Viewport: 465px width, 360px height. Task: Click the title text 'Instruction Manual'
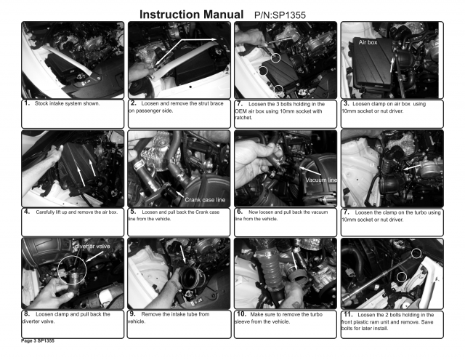(191, 15)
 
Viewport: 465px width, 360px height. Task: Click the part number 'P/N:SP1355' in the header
(280, 15)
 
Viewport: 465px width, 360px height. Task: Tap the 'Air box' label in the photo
(368, 42)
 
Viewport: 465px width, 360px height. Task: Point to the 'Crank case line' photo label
(205, 200)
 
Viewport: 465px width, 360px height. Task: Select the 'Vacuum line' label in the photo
(321, 180)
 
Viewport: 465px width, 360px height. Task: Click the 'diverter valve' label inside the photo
(93, 247)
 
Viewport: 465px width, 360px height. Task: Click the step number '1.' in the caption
(27, 103)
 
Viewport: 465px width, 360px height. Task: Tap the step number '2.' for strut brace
(134, 103)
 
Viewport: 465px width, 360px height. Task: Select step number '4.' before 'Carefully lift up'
(27, 212)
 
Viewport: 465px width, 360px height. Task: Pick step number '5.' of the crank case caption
(133, 212)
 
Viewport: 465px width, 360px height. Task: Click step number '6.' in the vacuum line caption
(240, 212)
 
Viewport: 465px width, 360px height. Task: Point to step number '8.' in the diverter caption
(27, 313)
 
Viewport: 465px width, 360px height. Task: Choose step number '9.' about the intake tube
(132, 313)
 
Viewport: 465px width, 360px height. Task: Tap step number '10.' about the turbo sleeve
(242, 313)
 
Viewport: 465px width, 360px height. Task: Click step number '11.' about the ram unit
(348, 314)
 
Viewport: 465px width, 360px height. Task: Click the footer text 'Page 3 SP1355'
(38, 340)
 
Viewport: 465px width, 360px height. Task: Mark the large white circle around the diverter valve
(59, 271)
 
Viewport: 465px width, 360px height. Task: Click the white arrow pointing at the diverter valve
(95, 257)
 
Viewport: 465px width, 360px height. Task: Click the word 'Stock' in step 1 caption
(41, 103)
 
